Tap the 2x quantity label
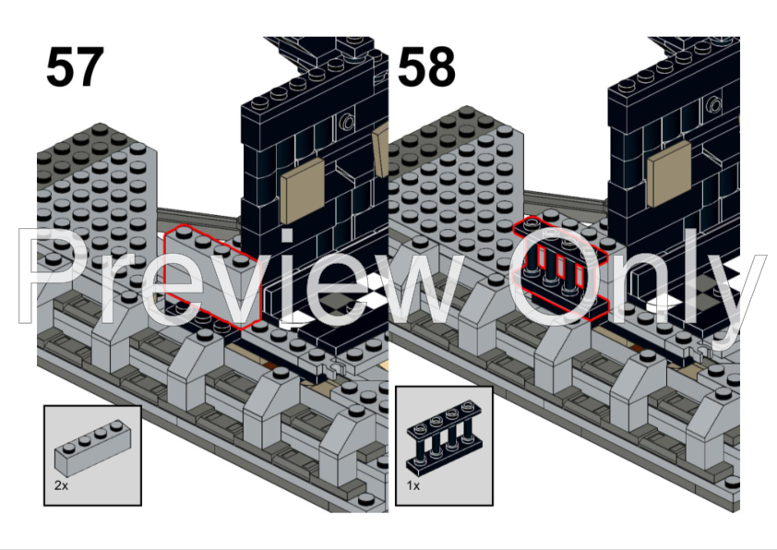tap(61, 483)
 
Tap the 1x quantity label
tap(412, 483)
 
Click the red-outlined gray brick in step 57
tap(208, 277)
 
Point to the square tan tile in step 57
tap(302, 190)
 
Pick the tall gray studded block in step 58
tap(452, 185)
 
